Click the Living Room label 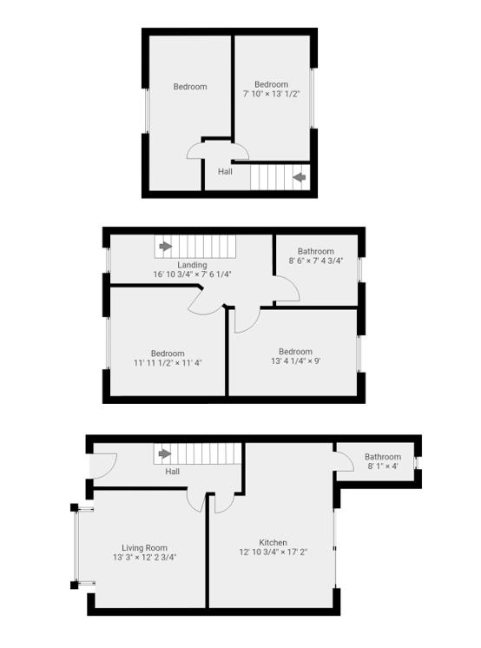144,547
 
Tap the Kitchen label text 273,542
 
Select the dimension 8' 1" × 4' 383,466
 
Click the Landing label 192,265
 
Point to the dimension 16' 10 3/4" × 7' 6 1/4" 192,274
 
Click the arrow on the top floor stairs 300,178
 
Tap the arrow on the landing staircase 165,247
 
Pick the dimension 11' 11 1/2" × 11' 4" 168,363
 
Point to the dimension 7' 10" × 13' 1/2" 272,94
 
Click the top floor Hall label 225,171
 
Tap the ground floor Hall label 173,472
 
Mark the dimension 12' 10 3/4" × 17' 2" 273,552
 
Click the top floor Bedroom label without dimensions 189,86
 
